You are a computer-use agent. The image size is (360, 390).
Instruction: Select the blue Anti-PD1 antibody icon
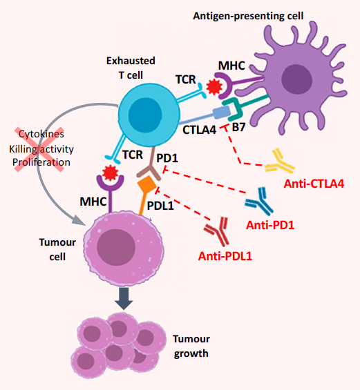click(261, 201)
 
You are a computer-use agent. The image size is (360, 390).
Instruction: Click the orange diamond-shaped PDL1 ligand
click(146, 186)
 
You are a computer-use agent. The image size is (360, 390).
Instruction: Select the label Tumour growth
click(191, 346)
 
